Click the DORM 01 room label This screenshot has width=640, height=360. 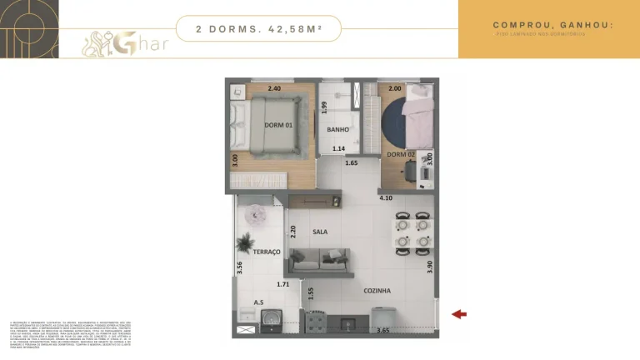(x=277, y=125)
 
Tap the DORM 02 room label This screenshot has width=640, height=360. (x=400, y=154)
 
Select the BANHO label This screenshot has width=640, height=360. (x=337, y=130)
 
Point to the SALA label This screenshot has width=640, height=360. (x=320, y=232)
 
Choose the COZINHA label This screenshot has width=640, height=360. (x=377, y=291)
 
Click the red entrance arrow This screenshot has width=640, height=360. (x=458, y=314)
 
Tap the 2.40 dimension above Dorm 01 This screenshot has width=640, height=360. (x=274, y=88)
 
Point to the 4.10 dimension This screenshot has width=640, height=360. (x=386, y=198)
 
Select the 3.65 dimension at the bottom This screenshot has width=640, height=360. (x=382, y=331)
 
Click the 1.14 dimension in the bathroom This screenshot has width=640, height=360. (x=338, y=148)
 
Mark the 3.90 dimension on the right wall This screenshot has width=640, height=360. (x=430, y=266)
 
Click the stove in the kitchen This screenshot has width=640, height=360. (x=317, y=320)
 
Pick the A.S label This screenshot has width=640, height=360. (x=258, y=302)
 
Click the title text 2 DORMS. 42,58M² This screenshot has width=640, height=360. (x=258, y=28)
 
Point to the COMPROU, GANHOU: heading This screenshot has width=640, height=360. (x=552, y=25)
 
